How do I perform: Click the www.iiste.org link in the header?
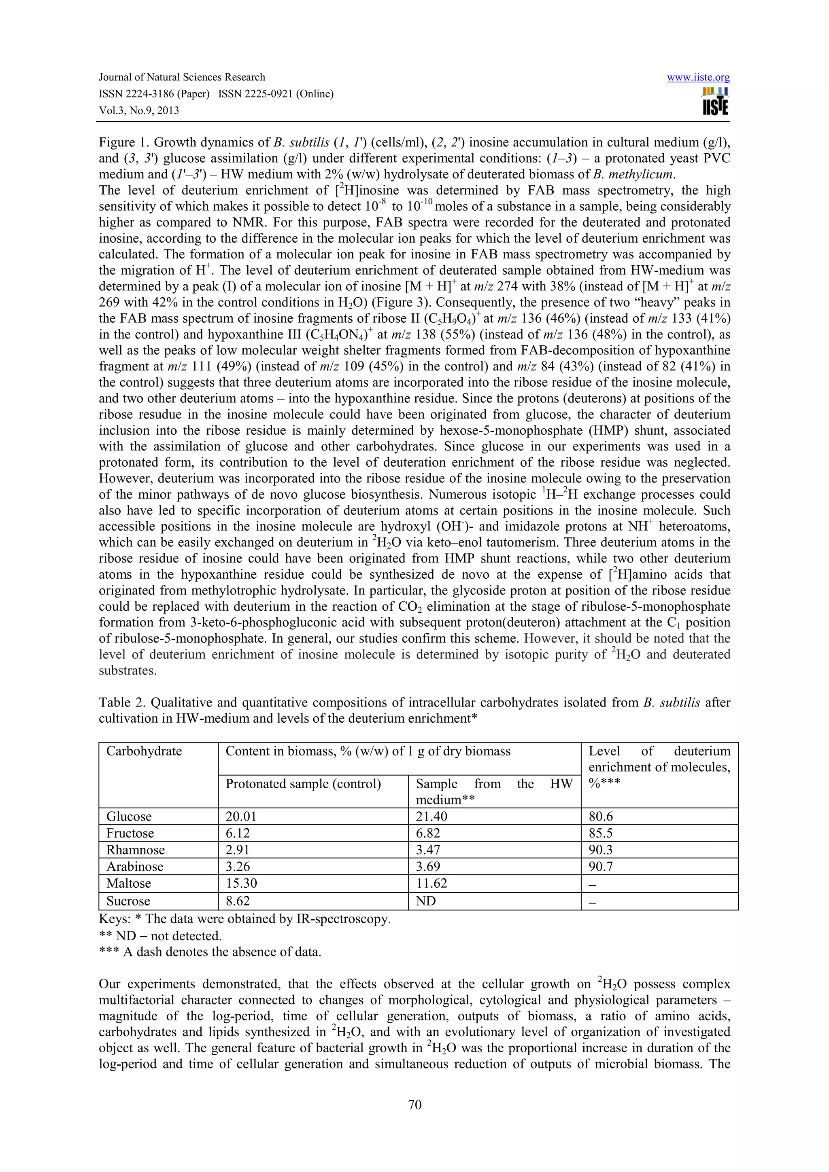pyautogui.click(x=698, y=78)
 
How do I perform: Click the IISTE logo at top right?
pyautogui.click(x=715, y=102)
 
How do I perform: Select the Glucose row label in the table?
pyautogui.click(x=129, y=816)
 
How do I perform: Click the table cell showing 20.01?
pyautogui.click(x=241, y=816)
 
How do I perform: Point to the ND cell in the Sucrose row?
pyautogui.click(x=425, y=901)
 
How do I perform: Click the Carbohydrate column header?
pyautogui.click(x=144, y=751)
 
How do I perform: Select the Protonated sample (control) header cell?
pyautogui.click(x=303, y=783)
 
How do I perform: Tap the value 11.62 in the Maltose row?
pyautogui.click(x=431, y=883)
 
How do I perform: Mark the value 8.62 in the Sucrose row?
pyautogui.click(x=238, y=901)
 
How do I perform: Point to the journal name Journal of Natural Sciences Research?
pyautogui.click(x=182, y=77)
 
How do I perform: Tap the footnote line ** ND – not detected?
pyautogui.click(x=160, y=936)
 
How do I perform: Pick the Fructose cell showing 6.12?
pyautogui.click(x=238, y=833)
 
